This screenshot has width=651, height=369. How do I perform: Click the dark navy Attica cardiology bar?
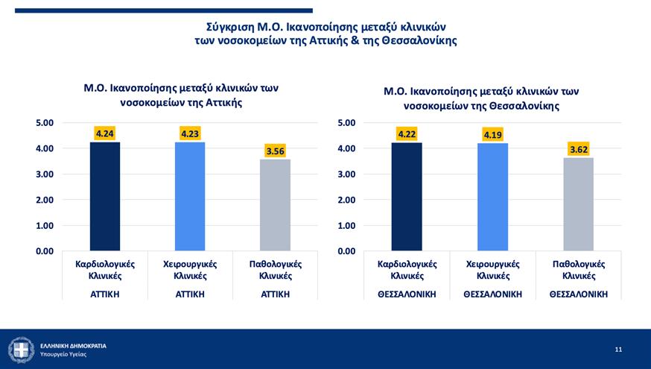(104, 197)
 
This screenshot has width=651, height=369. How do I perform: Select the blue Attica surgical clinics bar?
(190, 197)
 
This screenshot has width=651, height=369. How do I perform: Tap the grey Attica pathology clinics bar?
(275, 205)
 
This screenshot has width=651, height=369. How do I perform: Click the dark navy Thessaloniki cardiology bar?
(407, 197)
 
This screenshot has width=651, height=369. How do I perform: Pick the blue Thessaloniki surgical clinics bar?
(492, 198)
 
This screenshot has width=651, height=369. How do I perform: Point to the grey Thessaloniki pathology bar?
(578, 204)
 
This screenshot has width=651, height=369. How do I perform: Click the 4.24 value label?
(104, 133)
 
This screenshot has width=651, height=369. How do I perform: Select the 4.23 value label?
(190, 133)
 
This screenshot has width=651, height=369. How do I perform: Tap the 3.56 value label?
(275, 151)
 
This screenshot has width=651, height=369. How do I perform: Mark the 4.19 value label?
(492, 135)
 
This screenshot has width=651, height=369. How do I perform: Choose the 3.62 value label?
(578, 149)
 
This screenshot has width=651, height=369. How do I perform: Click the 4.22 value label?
(407, 134)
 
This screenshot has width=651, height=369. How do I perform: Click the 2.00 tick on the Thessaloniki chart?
(346, 200)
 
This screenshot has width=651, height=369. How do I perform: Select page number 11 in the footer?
(618, 349)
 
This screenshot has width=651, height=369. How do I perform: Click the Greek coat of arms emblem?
(20, 349)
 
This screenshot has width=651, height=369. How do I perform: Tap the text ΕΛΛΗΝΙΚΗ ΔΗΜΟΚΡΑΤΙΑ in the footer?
(73, 345)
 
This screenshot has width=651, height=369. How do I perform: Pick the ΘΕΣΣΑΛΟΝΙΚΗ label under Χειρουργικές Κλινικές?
(492, 294)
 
